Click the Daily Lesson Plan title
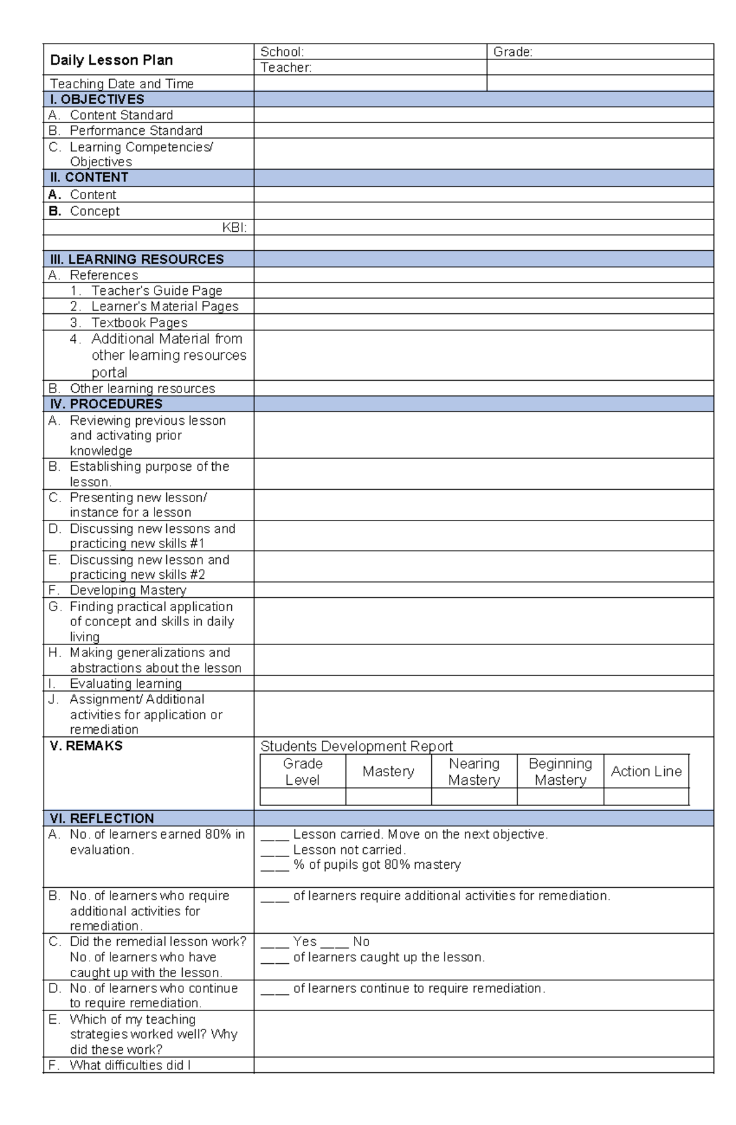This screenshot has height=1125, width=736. (x=111, y=60)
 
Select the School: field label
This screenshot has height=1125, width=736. (x=282, y=52)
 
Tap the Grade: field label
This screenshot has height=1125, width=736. (x=513, y=52)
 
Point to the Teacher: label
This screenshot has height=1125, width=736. (x=286, y=67)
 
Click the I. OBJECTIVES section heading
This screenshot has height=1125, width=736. (x=97, y=99)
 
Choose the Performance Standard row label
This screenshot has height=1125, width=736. (x=136, y=131)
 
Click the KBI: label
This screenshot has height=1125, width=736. (x=234, y=227)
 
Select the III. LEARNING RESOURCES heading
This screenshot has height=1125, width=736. (x=137, y=259)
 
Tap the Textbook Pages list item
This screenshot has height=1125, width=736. (x=139, y=322)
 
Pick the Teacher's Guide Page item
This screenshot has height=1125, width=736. (x=156, y=291)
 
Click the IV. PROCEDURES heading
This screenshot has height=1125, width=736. (x=106, y=404)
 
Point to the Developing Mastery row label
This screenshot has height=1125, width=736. (x=128, y=590)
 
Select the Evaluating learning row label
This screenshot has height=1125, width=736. (x=126, y=684)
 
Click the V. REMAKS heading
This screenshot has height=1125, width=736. (x=86, y=746)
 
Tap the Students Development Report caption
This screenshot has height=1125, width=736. (x=356, y=746)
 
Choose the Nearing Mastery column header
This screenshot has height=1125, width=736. (x=474, y=772)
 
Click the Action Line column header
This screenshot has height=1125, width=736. (x=646, y=772)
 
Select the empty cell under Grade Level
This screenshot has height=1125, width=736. (x=302, y=797)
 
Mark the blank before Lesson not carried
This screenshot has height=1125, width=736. (x=274, y=851)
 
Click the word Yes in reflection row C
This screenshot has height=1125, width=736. (x=305, y=942)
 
